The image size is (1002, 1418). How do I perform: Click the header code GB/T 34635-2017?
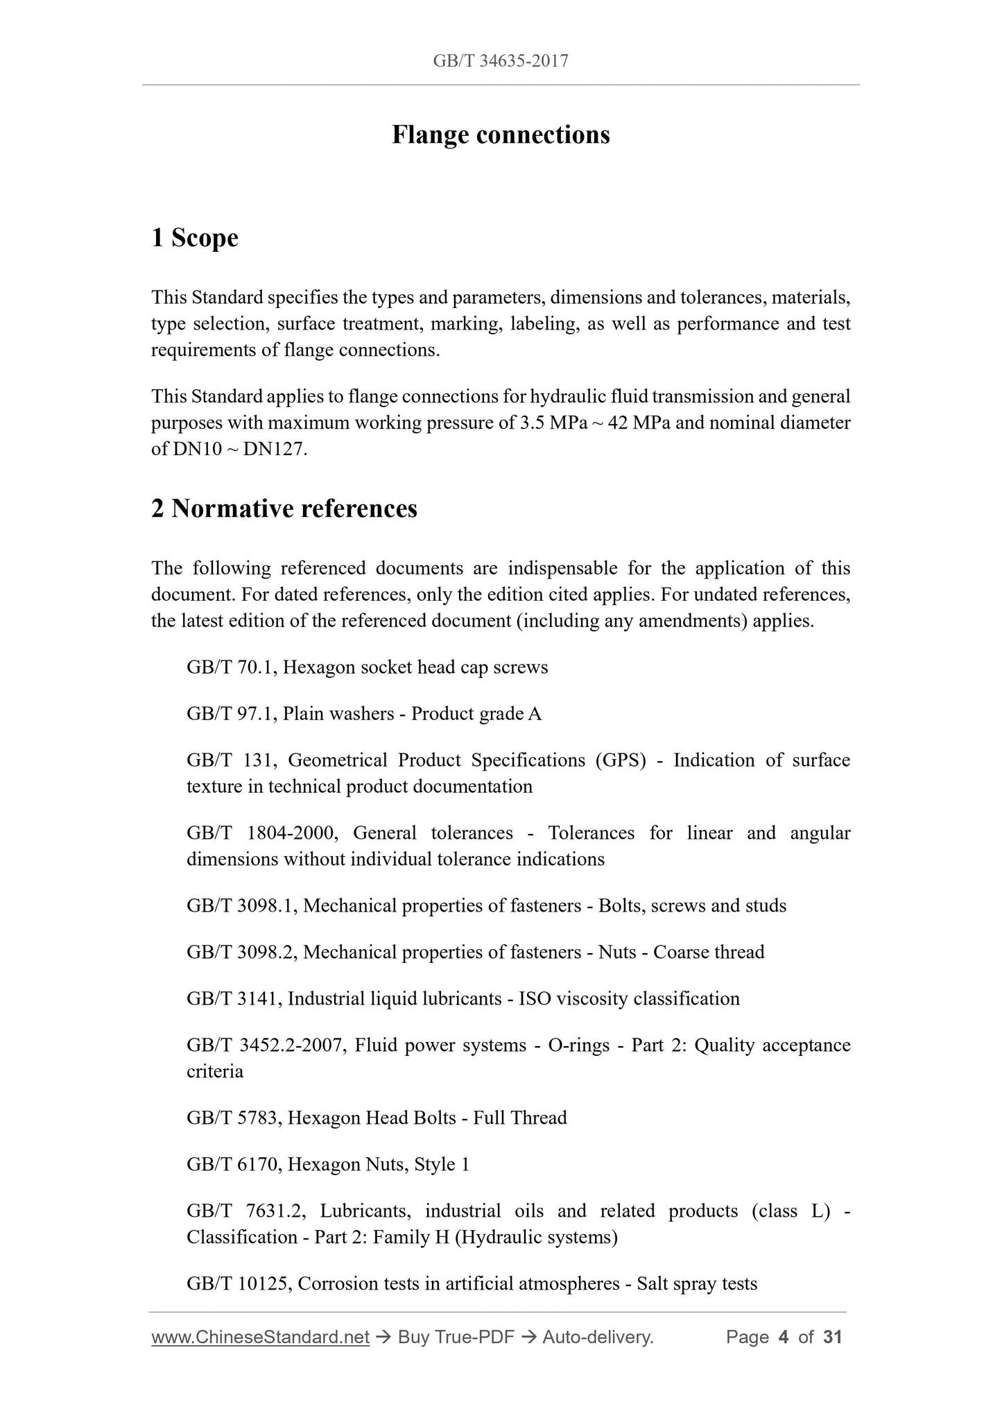tap(501, 61)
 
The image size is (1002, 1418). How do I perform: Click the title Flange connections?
tap(501, 135)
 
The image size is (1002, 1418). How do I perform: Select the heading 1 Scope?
tap(195, 238)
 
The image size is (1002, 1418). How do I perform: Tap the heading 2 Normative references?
tap(284, 509)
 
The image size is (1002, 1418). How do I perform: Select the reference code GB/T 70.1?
tap(232, 667)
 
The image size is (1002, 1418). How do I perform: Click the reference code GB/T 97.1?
tap(232, 714)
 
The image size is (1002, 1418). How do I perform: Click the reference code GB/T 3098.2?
tap(242, 953)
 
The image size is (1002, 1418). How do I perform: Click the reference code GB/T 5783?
tap(234, 1118)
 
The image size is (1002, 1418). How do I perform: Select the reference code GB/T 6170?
tap(234, 1165)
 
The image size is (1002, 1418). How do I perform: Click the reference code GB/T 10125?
tap(239, 1284)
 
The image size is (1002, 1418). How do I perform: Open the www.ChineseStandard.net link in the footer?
tap(260, 1338)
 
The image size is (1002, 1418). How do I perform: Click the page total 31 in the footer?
tap(832, 1338)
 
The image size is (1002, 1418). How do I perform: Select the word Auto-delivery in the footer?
tap(598, 1338)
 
